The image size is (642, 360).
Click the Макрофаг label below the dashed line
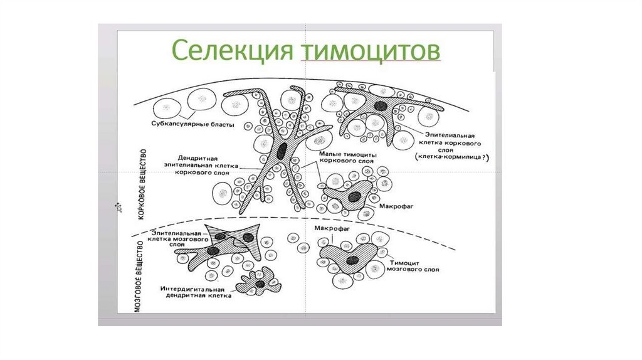pyautogui.click(x=332, y=230)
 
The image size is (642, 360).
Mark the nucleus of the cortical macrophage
pyautogui.click(x=355, y=196)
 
